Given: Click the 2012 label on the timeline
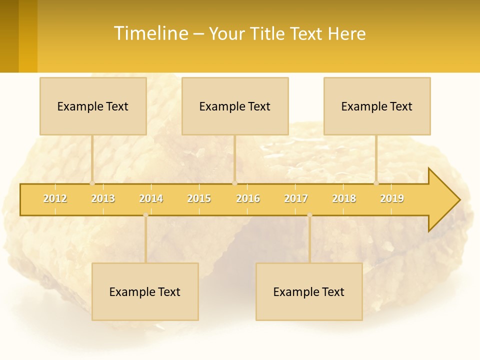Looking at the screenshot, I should click(x=55, y=198).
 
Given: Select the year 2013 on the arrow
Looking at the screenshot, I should click(x=103, y=198).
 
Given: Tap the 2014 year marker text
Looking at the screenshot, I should click(x=151, y=198).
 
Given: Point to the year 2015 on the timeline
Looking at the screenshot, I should click(x=199, y=198).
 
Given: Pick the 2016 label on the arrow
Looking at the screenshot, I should click(x=248, y=198).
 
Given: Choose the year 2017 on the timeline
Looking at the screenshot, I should click(x=296, y=198).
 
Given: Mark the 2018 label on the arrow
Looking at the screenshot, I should click(x=344, y=198).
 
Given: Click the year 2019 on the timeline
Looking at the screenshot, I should click(x=392, y=198).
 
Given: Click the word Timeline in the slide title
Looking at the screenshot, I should click(x=150, y=33).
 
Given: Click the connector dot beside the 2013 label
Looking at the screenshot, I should click(x=92, y=183).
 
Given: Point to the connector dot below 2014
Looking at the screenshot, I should click(x=145, y=215).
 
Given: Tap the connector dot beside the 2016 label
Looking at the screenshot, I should click(x=234, y=183).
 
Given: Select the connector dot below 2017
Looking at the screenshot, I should click(x=309, y=215).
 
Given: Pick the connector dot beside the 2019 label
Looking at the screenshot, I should click(x=376, y=183).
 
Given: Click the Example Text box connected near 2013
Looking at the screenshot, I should click(x=93, y=106).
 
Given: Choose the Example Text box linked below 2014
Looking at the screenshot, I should click(x=145, y=291).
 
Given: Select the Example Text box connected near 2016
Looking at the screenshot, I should click(x=235, y=106).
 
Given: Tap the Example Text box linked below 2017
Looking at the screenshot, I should click(x=309, y=291).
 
